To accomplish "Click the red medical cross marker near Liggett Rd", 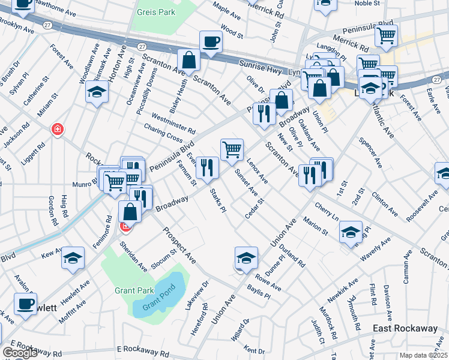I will pyautogui.click(x=57, y=129).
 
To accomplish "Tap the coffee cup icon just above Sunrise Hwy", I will pyautogui.click(x=211, y=41).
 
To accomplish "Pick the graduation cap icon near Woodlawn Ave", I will pyautogui.click(x=96, y=92).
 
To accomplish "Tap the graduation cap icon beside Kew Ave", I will pyautogui.click(x=73, y=257).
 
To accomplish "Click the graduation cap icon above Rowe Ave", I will pyautogui.click(x=246, y=257).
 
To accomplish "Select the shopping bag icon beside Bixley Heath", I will pyautogui.click(x=188, y=60).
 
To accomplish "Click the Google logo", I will pyautogui.click(x=20, y=352).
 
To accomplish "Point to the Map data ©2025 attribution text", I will pyautogui.click(x=423, y=355).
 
